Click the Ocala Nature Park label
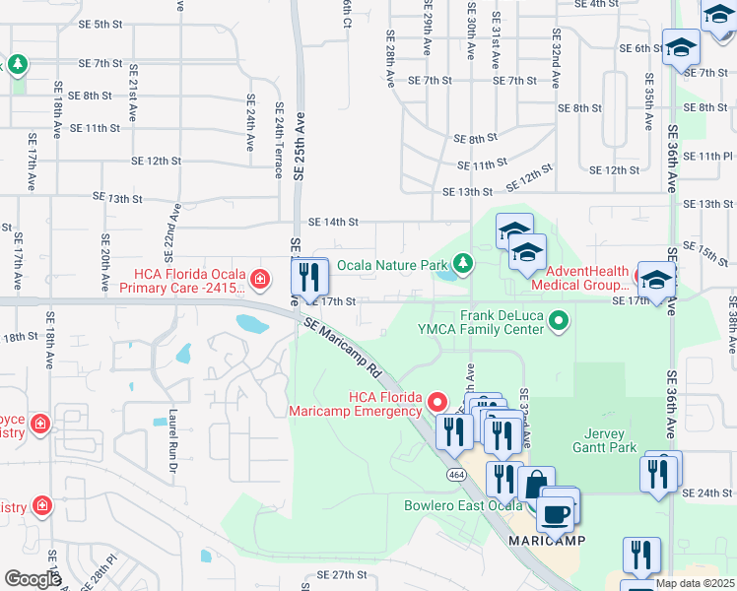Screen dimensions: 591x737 pos(393,265)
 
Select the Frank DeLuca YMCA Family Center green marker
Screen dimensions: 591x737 pos(559,320)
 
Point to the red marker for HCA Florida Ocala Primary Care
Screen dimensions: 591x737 pos(259,280)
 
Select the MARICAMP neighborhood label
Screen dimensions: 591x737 pos(548,542)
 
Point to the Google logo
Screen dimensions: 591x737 pos(33,579)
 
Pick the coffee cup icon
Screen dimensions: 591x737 pos(555,513)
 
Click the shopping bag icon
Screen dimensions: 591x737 pos(535,486)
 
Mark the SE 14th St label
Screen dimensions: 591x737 pos(333,224)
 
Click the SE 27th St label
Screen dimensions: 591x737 pos(342,574)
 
